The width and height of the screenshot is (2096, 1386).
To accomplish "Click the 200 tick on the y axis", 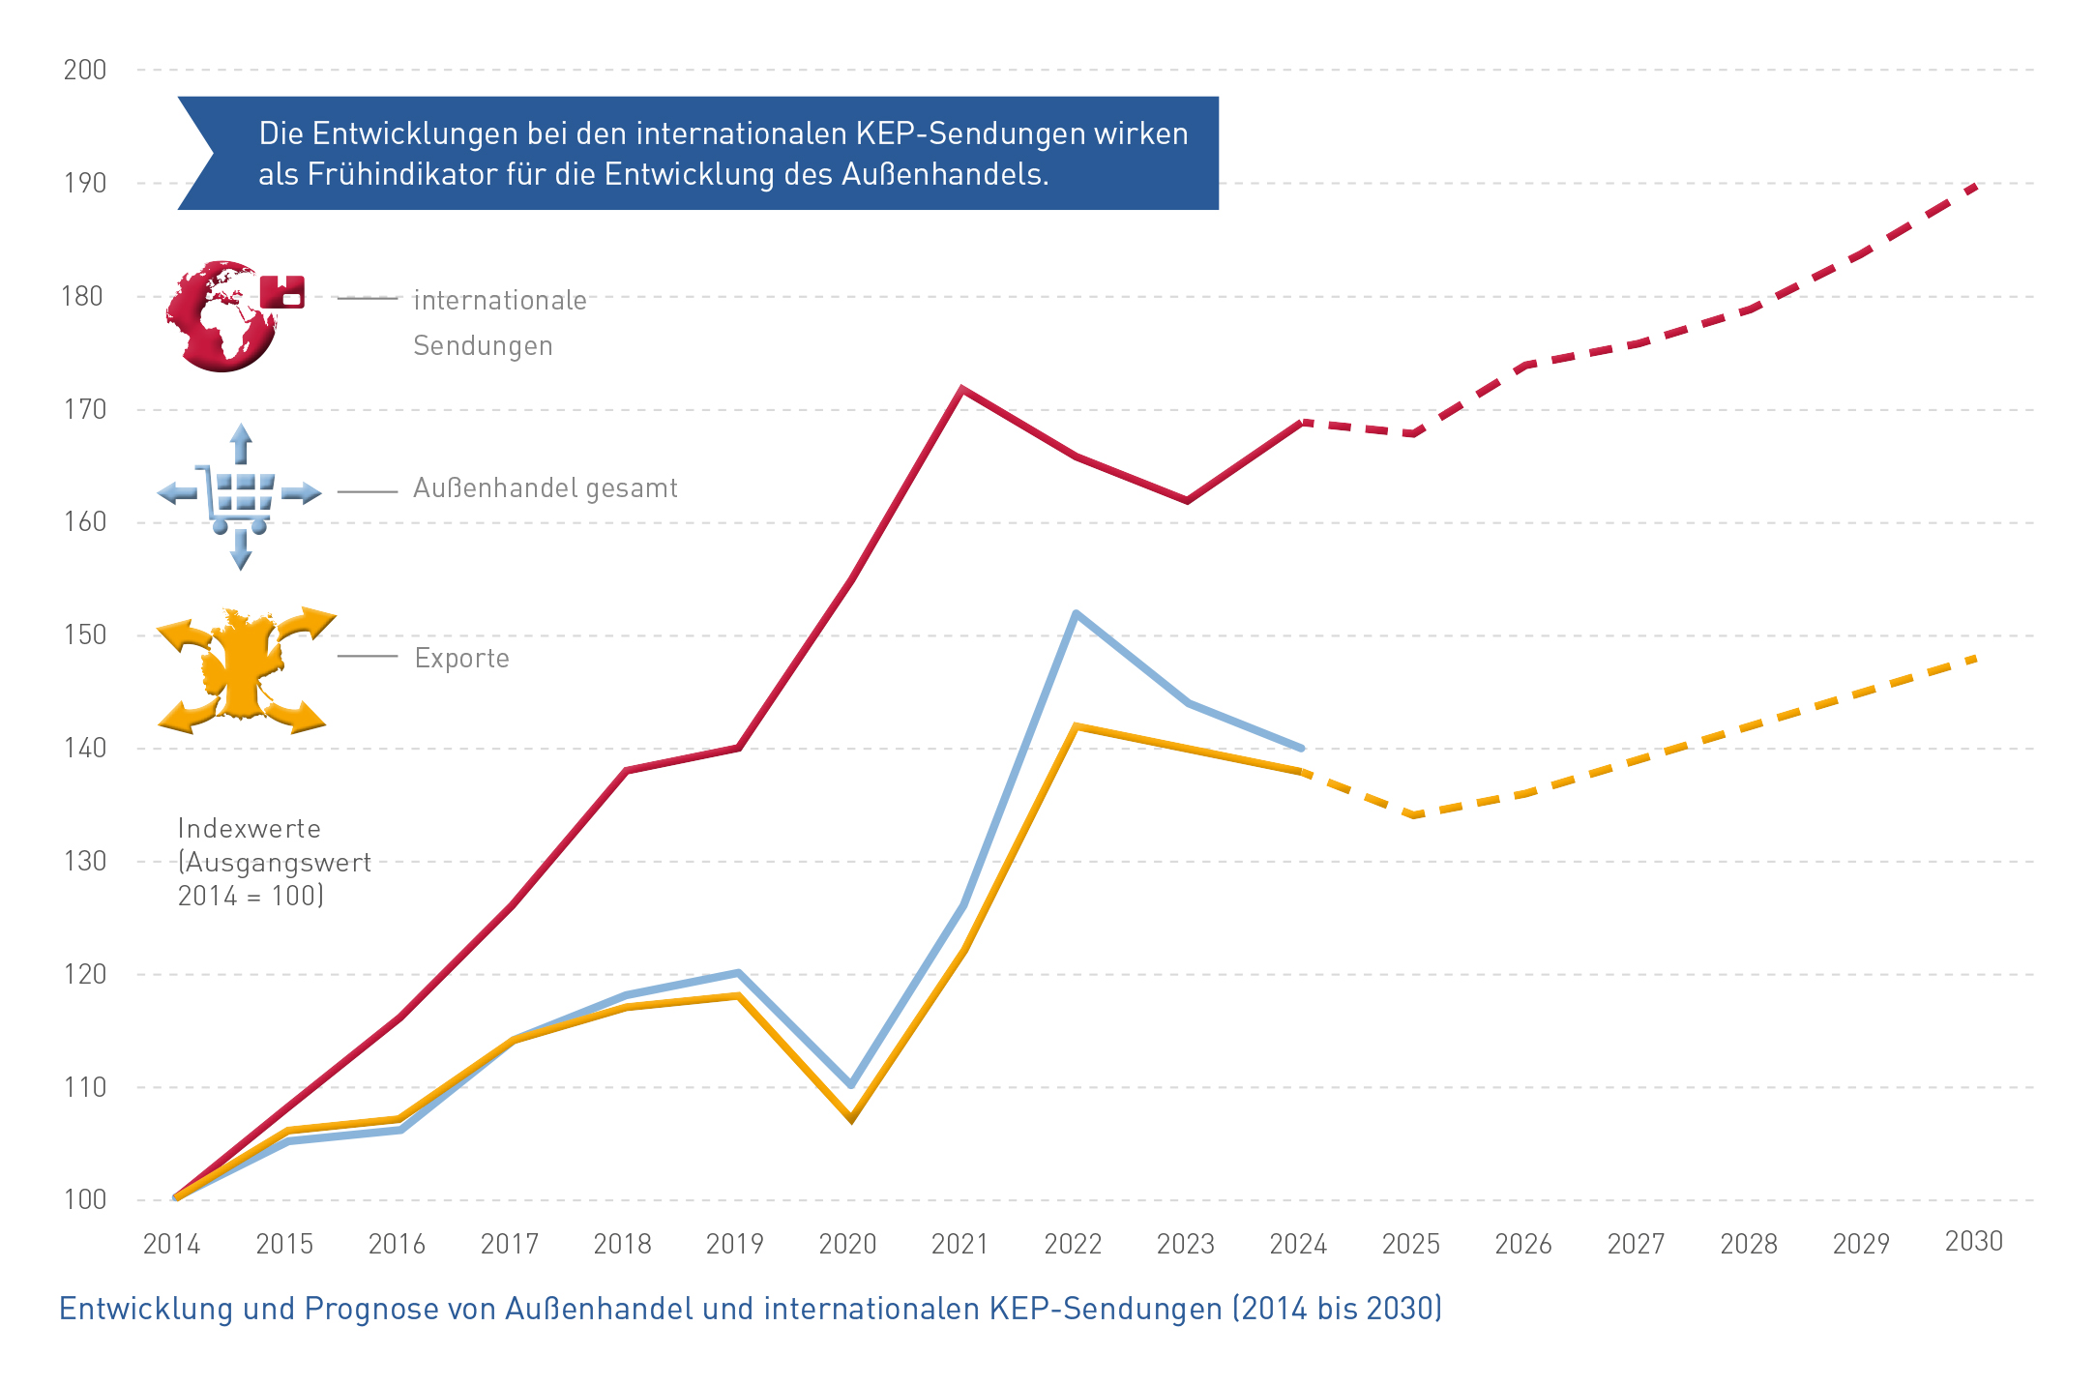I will [x=85, y=70].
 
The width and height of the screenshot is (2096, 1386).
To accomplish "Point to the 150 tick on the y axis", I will [x=85, y=635].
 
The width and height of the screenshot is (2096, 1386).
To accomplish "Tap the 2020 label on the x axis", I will [x=847, y=1244].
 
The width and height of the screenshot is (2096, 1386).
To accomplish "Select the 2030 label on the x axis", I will [x=1973, y=1242].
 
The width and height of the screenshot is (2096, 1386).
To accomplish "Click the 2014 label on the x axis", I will [x=171, y=1244].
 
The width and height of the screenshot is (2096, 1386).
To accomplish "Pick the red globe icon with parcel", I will [x=232, y=315].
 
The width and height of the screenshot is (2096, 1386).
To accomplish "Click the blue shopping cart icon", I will [x=240, y=495].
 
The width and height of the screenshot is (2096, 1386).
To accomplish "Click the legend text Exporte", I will [x=461, y=659].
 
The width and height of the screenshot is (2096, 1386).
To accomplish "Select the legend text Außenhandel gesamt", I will [x=545, y=488].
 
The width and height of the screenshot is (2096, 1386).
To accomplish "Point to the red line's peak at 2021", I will [x=961, y=389].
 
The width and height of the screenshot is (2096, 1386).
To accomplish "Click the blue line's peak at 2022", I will [x=1076, y=613].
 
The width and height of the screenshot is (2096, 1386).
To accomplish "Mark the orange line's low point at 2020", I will [x=851, y=1119].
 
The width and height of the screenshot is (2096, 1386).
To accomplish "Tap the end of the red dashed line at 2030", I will [x=1976, y=184].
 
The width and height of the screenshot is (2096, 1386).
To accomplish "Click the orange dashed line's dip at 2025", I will [x=1414, y=815].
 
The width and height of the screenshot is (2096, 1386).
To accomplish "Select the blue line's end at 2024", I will [x=1301, y=748].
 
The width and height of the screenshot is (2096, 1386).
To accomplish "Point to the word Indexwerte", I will [x=249, y=829].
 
